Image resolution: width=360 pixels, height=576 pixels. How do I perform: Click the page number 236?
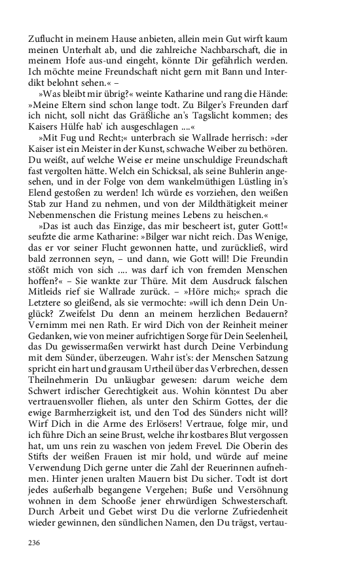click(x=34, y=543)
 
